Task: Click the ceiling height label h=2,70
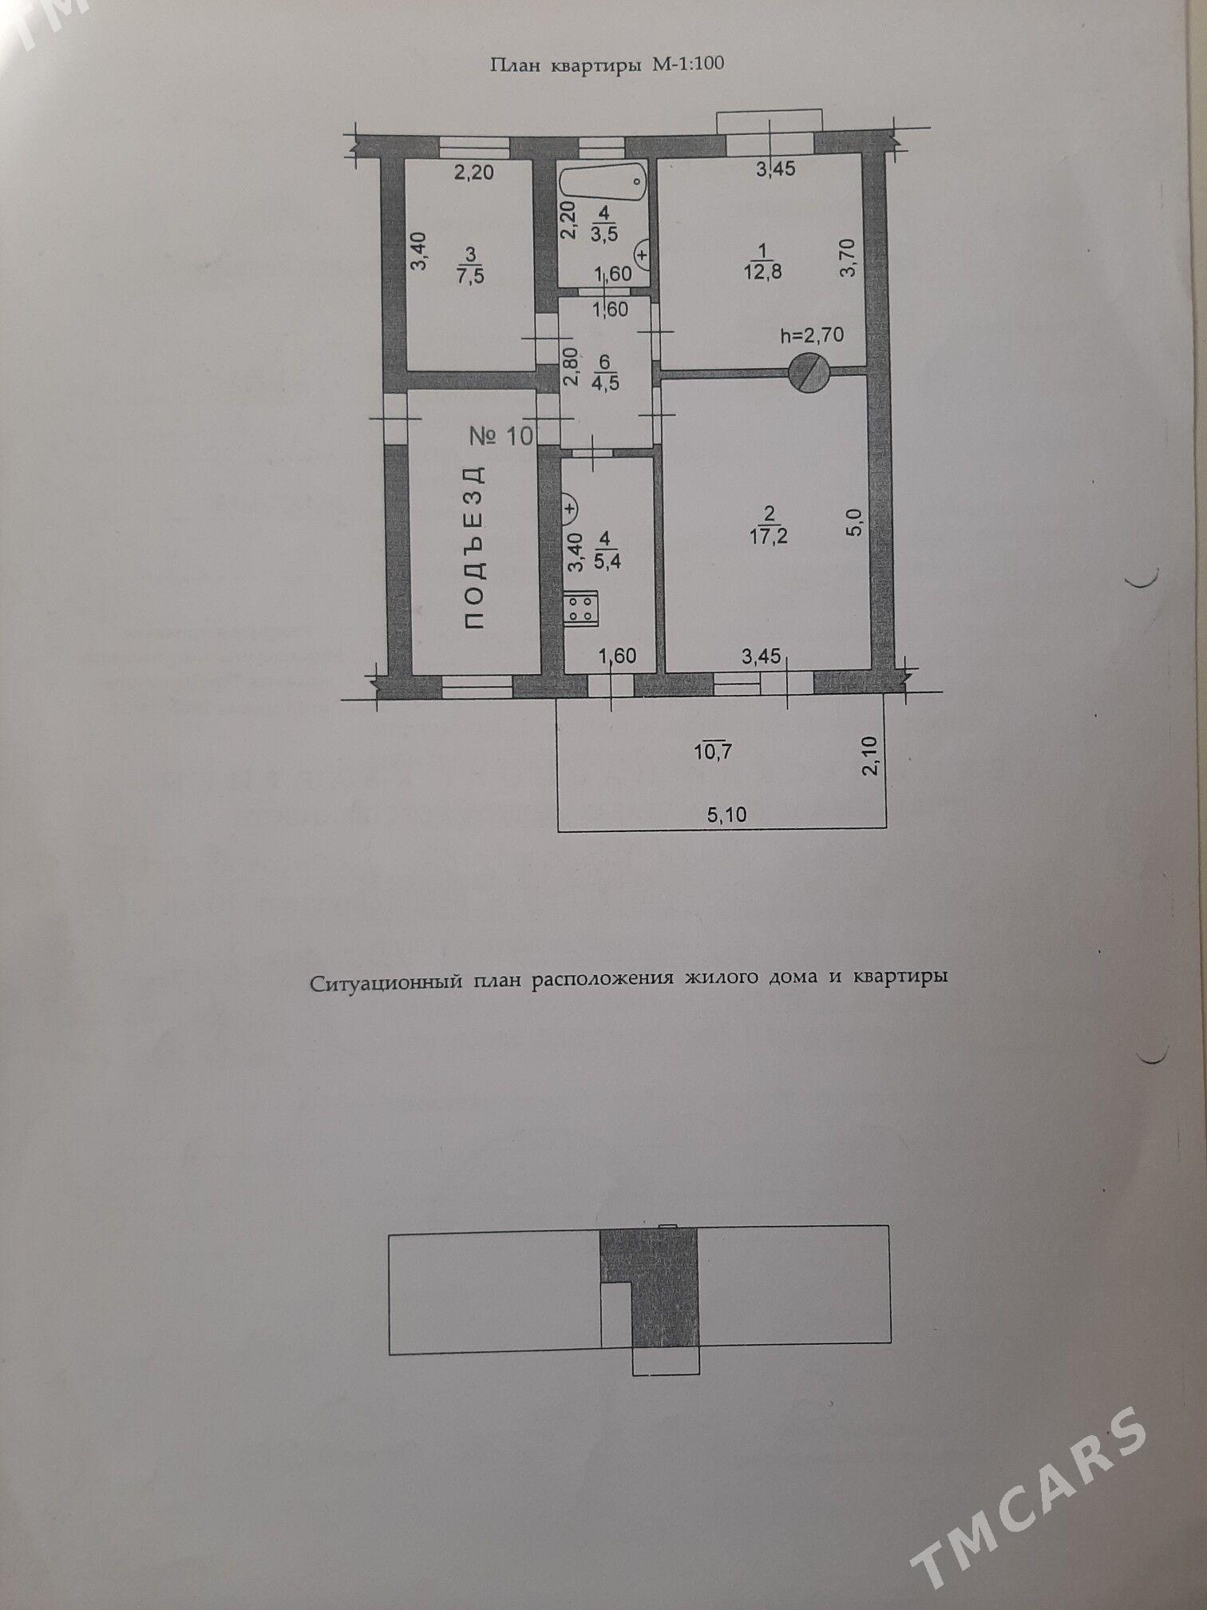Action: pos(812,335)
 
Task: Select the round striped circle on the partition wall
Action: pos(809,372)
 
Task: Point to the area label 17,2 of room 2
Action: pos(770,536)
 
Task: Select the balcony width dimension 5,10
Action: pos(726,815)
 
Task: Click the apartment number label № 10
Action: pos(500,436)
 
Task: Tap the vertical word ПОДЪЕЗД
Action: pos(474,546)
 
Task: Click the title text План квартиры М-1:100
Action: pos(607,65)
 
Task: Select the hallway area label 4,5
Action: pos(607,383)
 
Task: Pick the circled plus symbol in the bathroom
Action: pos(643,255)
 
